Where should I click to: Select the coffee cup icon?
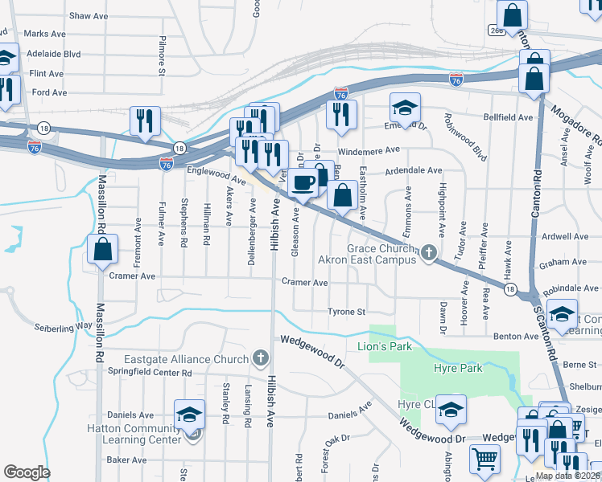[303, 182]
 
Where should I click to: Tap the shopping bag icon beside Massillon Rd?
[104, 250]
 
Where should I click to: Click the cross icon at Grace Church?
[429, 254]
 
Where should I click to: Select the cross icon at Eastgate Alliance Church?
[260, 357]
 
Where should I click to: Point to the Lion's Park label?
[384, 346]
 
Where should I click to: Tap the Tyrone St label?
[346, 312]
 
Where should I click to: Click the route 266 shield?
[496, 30]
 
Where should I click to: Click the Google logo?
[27, 472]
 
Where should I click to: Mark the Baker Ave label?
[126, 460]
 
